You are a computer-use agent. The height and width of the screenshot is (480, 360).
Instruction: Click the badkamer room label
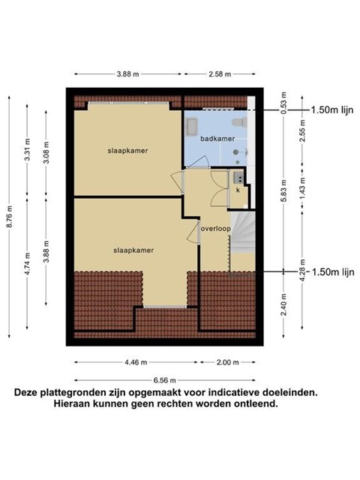(217, 139)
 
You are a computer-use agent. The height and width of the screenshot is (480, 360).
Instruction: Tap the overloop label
(215, 229)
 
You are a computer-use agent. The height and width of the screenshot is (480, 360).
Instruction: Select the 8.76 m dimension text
(9, 217)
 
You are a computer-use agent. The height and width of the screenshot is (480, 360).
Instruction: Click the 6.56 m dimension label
(165, 380)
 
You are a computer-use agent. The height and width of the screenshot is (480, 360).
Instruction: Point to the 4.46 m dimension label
(136, 362)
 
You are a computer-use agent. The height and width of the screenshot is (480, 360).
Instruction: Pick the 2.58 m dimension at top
(220, 74)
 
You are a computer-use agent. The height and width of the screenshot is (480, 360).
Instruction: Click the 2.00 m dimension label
(227, 362)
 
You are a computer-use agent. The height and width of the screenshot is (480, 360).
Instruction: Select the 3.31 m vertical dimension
(28, 150)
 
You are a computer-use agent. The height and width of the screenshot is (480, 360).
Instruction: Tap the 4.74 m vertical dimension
(28, 263)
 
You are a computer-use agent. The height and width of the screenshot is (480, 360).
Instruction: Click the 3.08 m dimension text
(46, 152)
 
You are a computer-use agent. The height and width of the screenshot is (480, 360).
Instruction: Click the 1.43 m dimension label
(302, 188)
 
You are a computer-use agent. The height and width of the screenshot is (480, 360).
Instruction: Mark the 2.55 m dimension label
(302, 130)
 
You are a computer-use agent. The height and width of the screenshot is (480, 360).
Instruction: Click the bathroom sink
(192, 127)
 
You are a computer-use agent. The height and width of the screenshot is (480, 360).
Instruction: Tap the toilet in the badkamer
(239, 122)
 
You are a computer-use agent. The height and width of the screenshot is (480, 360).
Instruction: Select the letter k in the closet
(238, 190)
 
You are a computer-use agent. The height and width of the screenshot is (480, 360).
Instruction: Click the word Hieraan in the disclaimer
(72, 403)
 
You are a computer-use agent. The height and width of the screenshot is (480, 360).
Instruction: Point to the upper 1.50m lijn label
(332, 110)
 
